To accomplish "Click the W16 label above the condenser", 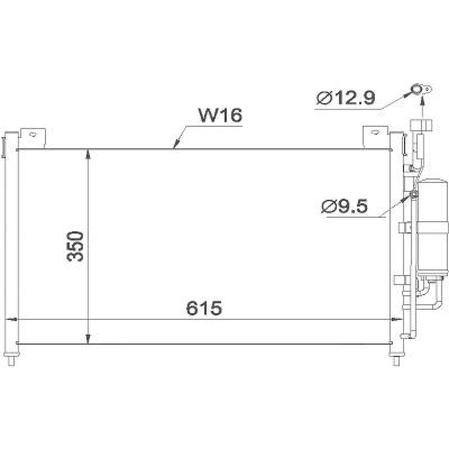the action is [220, 115].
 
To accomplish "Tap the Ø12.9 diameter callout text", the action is [346, 98].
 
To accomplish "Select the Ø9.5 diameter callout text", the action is [344, 207].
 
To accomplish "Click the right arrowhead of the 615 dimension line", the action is [396, 319].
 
